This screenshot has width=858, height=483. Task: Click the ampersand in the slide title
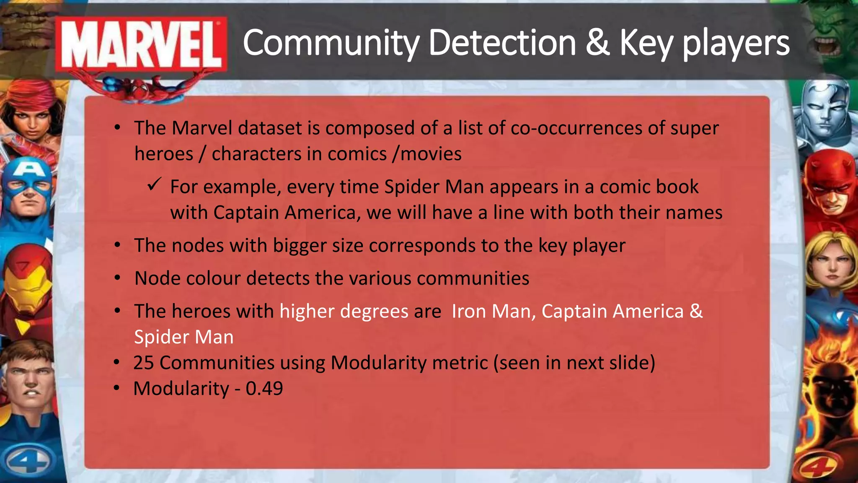pyautogui.click(x=597, y=43)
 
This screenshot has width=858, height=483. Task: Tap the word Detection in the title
pyautogui.click(x=502, y=43)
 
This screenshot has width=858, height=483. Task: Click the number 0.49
pyautogui.click(x=264, y=388)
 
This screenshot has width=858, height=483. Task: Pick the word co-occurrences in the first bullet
pyautogui.click(x=576, y=128)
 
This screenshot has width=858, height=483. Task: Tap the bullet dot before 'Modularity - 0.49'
pyautogui.click(x=117, y=388)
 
